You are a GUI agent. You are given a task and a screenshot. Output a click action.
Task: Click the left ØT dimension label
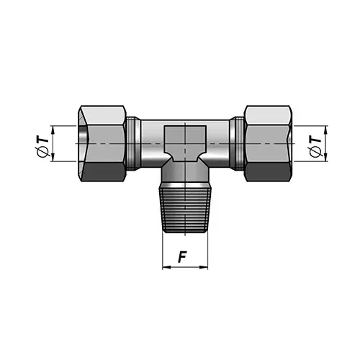pyautogui.click(x=45, y=144)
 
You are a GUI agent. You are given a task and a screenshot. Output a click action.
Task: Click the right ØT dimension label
pyautogui.click(x=314, y=144)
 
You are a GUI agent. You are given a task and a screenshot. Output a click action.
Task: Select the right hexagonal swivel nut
pyautogui.click(x=266, y=143)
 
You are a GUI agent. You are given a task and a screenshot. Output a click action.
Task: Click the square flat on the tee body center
pyautogui.click(x=184, y=141)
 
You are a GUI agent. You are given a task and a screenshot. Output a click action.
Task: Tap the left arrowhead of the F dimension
pyautogui.click(x=165, y=267)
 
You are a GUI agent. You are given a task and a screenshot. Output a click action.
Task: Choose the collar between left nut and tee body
pyautogui.click(x=134, y=143)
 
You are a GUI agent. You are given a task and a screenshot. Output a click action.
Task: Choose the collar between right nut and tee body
pyautogui.click(x=237, y=143)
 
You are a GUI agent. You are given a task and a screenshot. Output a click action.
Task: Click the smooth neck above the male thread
pyautogui.click(x=185, y=175)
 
